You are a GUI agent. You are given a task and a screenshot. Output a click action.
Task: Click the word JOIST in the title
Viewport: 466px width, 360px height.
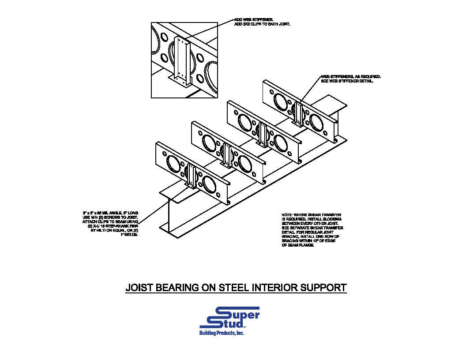pos(139,288)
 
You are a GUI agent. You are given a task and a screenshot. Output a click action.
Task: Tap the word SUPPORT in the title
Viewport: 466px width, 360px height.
pos(323,288)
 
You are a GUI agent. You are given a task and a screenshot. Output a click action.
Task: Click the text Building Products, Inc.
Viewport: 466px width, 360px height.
pos(222,333)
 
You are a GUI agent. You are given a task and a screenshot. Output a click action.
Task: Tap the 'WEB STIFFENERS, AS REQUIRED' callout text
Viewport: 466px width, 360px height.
pos(350,77)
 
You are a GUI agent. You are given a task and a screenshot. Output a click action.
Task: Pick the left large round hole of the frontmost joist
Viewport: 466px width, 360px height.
pos(173,165)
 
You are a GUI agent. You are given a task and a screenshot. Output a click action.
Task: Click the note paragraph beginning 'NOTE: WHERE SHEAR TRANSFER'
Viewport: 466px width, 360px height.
pos(312,229)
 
